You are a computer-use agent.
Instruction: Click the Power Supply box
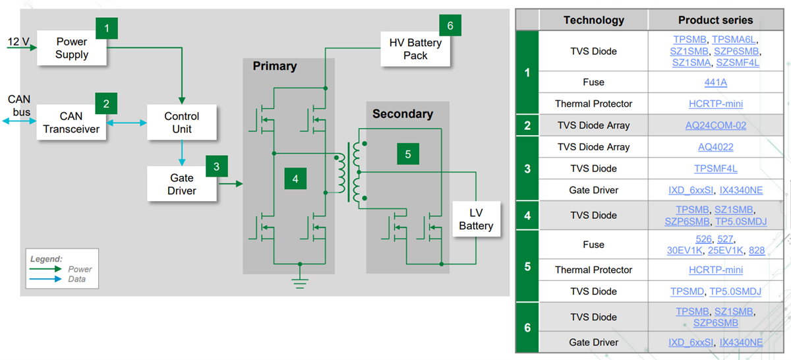click(x=71, y=48)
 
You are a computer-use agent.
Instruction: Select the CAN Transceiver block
click(x=71, y=122)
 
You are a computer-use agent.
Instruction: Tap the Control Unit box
click(x=181, y=122)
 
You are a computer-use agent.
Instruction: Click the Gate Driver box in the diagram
click(x=181, y=184)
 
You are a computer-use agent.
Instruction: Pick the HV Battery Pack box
click(x=415, y=49)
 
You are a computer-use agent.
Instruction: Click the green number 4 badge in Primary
click(x=295, y=178)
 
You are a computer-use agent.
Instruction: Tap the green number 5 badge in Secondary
click(x=408, y=154)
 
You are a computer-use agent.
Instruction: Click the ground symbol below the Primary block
click(x=300, y=282)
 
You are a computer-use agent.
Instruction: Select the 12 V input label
click(x=18, y=42)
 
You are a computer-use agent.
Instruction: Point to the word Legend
click(x=46, y=259)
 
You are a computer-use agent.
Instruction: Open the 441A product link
click(x=715, y=82)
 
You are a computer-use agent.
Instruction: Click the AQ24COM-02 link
click(x=715, y=125)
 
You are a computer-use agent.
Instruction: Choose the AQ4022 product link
click(x=715, y=147)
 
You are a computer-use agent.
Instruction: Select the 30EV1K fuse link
click(x=687, y=251)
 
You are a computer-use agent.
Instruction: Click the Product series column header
click(x=715, y=20)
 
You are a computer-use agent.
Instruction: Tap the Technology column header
click(x=593, y=20)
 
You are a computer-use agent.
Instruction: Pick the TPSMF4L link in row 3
click(x=715, y=169)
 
